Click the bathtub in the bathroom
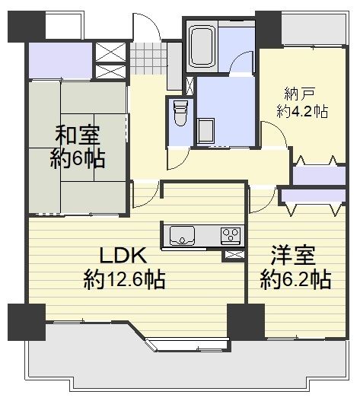point(202,47)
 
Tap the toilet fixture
point(180,113)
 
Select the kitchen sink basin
point(182,235)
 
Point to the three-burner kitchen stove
point(231,236)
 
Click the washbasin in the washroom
point(205,131)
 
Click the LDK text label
point(123,255)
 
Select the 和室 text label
point(78,135)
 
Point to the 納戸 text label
point(299,94)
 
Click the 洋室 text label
point(293,255)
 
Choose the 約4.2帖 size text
point(302,112)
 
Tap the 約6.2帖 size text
point(296,280)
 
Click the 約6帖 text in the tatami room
point(78,159)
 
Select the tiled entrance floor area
point(148,59)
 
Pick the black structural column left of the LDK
point(27,322)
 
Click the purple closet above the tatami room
point(60,61)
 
